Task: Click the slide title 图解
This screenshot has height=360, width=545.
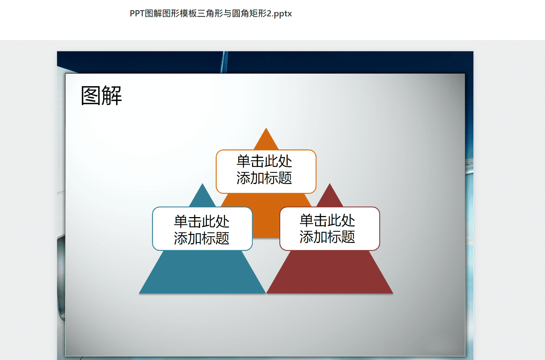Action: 101,96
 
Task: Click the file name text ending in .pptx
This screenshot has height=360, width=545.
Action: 211,14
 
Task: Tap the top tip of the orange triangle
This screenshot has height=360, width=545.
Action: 266,128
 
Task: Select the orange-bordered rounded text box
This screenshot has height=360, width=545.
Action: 266,172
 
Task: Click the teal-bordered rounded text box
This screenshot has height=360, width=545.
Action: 202,228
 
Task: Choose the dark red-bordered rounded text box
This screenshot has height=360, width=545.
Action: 330,228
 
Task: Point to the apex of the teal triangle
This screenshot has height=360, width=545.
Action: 202,184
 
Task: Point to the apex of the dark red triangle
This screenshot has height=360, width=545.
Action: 330,184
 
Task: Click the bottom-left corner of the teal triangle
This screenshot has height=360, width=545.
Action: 139,293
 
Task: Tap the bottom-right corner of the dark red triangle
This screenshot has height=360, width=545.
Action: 393,293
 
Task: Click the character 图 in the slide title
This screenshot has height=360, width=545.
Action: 91,96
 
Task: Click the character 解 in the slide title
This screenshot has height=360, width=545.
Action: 112,96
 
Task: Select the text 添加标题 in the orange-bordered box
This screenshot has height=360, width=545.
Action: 264,178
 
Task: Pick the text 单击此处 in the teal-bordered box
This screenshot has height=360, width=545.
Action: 202,221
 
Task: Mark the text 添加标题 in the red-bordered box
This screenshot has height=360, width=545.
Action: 327,237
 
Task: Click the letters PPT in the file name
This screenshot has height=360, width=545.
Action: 137,14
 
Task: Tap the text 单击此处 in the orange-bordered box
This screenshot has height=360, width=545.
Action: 264,161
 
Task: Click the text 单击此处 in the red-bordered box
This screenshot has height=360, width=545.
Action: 327,220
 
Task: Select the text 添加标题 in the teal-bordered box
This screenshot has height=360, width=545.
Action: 202,238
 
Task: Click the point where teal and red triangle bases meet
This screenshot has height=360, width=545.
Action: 266,293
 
